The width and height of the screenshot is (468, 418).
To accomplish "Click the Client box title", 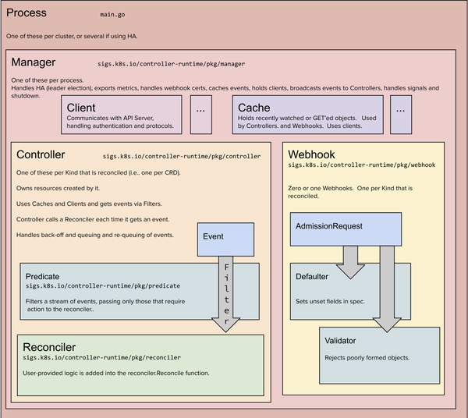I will (82, 108).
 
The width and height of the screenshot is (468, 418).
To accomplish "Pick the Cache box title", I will (254, 108).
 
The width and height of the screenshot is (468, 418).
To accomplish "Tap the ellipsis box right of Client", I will (200, 111).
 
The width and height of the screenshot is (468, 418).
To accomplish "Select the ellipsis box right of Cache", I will (401, 111).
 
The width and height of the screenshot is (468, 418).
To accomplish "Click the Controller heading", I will (41, 155).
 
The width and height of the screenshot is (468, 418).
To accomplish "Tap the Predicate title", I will (42, 276).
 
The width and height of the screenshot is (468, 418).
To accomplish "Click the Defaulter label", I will (313, 276).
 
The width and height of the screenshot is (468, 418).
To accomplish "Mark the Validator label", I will (342, 342).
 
